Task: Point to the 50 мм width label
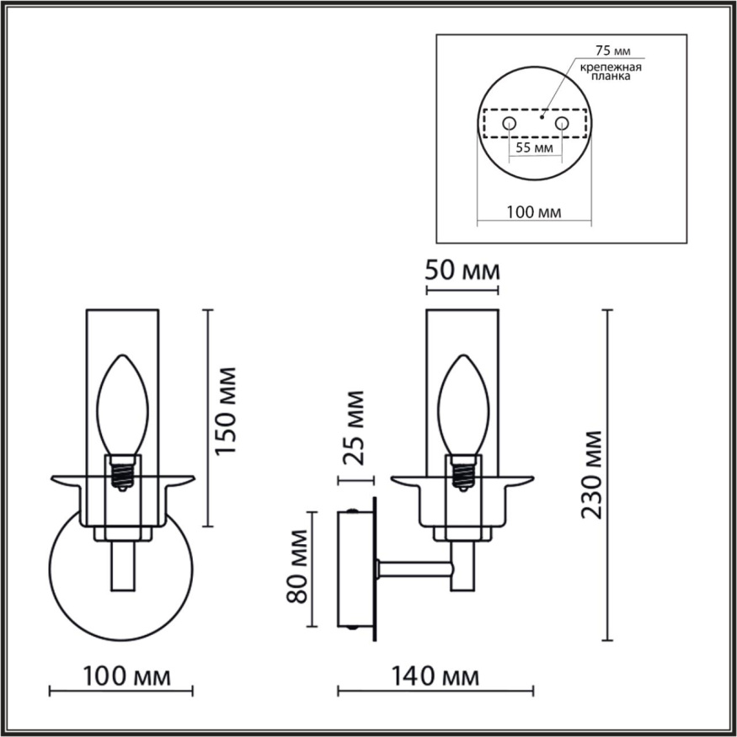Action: coord(462,272)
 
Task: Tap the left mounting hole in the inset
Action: coord(509,124)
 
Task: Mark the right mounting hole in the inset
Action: coord(562,124)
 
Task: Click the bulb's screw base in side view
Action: coord(462,473)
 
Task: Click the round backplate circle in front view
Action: coord(76,590)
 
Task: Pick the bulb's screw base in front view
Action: coord(123,473)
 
